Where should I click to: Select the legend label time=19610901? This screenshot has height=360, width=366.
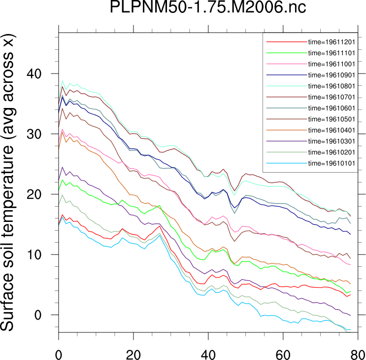pyautogui.click(x=332, y=74)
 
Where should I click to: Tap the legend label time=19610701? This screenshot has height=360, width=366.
pyautogui.click(x=332, y=97)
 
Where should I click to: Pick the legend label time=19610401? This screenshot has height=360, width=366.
pyautogui.click(x=332, y=130)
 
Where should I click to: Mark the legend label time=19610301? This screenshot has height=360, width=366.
pyautogui.click(x=332, y=141)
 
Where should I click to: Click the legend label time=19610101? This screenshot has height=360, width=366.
pyautogui.click(x=332, y=163)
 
